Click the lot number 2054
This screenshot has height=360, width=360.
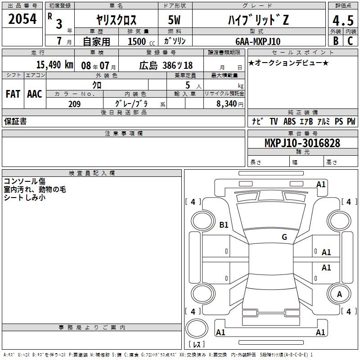(x=22, y=19)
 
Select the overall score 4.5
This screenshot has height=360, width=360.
(x=343, y=20)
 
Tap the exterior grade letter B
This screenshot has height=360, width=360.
(x=336, y=41)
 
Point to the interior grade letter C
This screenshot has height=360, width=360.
(x=350, y=41)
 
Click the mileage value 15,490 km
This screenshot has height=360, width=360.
(x=54, y=65)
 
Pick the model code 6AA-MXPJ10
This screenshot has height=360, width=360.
(x=258, y=41)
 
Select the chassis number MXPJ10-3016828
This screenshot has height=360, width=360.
(x=302, y=143)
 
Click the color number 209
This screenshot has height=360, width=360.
(x=74, y=104)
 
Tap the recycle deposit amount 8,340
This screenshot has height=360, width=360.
(x=226, y=103)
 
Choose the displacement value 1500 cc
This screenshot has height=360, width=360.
(x=141, y=41)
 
